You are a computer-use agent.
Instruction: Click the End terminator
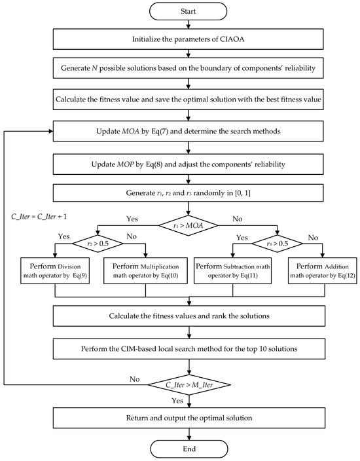click(189, 449)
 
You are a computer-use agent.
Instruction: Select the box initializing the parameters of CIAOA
click(189, 40)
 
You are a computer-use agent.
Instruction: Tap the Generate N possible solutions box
click(189, 69)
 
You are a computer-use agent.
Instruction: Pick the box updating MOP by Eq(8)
click(189, 162)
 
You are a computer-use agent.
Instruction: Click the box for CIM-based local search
click(189, 350)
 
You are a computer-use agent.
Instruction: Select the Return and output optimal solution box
click(189, 417)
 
